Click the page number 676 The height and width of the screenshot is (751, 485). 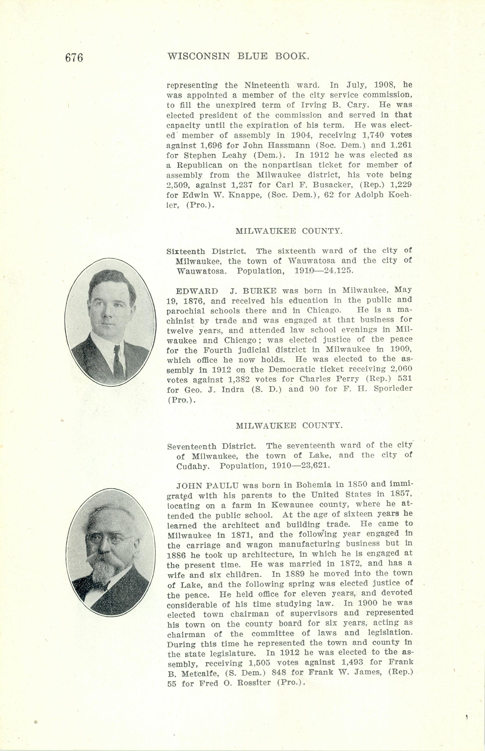[x=74, y=58]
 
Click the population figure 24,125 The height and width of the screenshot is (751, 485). [x=335, y=270]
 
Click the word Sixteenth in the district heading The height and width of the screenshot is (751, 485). [x=185, y=251]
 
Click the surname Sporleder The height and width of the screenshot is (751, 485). [x=393, y=389]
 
